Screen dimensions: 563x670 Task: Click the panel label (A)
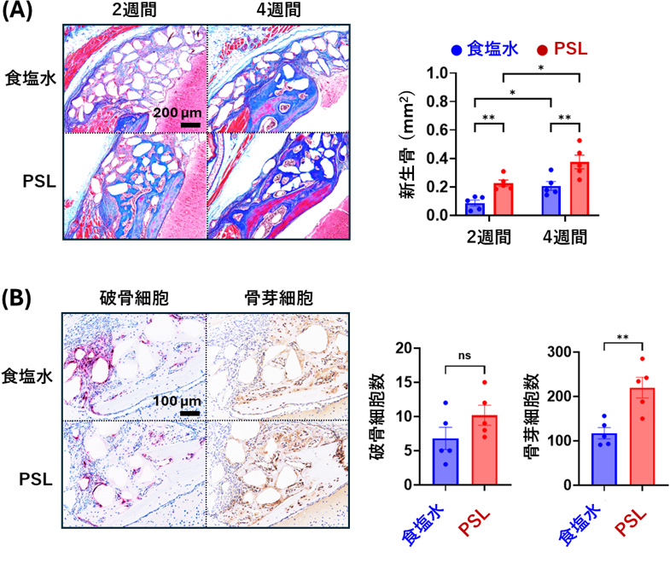[20, 13]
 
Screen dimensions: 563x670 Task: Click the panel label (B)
[20, 299]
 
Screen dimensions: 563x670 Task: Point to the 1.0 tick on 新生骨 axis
[439, 73]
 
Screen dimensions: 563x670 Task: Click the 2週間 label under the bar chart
[486, 235]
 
